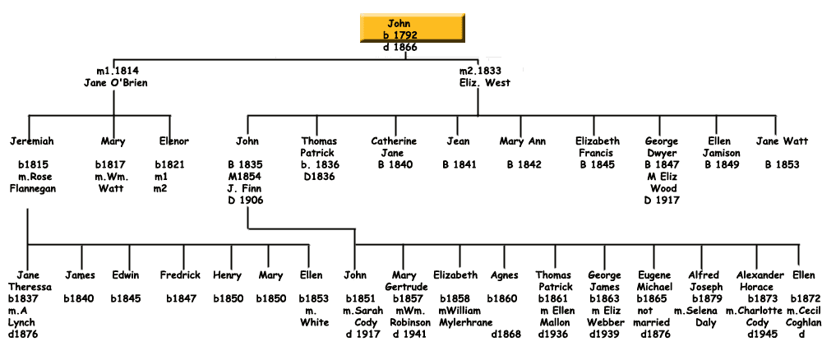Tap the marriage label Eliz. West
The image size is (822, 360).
pyautogui.click(x=485, y=82)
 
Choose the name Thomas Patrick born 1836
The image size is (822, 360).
pyautogui.click(x=319, y=147)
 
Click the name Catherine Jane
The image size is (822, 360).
pyautogui.click(x=394, y=147)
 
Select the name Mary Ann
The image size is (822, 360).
pyautogui.click(x=523, y=141)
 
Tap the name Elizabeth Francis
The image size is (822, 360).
pyautogui.click(x=598, y=147)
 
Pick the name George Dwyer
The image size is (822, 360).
pyautogui.click(x=661, y=147)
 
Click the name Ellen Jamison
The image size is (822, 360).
pyautogui.click(x=723, y=147)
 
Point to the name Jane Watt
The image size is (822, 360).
pyautogui.click(x=778, y=141)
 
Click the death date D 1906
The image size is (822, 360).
pyautogui.click(x=246, y=201)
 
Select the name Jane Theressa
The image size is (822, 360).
pyautogui.click(x=30, y=280)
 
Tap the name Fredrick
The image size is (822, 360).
pyautogui.click(x=180, y=275)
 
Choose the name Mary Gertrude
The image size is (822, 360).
pyautogui.click(x=407, y=280)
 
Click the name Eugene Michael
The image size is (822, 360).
pyautogui.click(x=656, y=280)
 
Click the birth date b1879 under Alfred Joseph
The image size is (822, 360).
pyautogui.click(x=706, y=298)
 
